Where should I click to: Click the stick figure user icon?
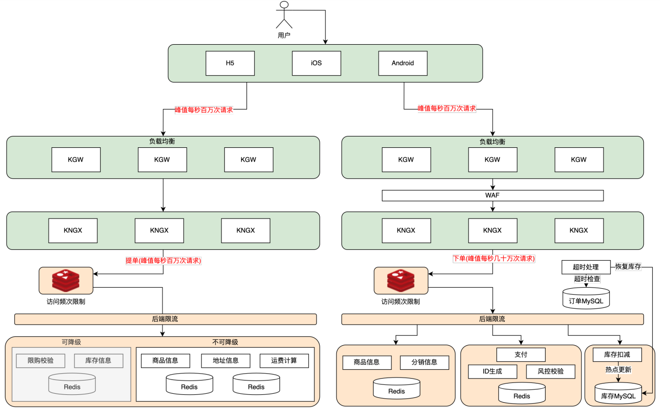coord(284,15)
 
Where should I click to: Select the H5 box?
coord(230,63)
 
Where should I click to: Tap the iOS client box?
coord(316,63)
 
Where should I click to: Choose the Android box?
coord(403,63)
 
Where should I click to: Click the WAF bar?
coord(493,195)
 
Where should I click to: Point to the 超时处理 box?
coord(586,267)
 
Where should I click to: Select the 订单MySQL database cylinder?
coord(586,298)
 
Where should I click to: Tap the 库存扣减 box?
coord(617,354)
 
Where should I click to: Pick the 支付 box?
coord(521,354)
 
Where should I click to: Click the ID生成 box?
coord(493,372)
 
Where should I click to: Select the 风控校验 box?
coord(550,372)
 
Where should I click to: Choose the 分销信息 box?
coord(425,362)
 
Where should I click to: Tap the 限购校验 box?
coord(41,361)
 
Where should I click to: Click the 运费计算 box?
coord(284,361)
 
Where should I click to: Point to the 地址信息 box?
coord(226,361)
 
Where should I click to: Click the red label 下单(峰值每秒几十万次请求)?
coord(494,259)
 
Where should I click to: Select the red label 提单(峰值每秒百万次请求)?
coord(164,261)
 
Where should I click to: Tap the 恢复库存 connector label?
coord(628,267)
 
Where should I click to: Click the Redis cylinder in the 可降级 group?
coord(72,384)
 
